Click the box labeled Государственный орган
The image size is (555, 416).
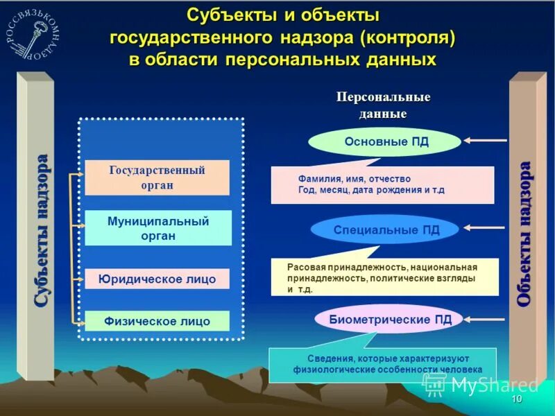pos(157,177)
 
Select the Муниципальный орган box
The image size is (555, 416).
pos(158,228)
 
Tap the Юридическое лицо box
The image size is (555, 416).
pos(157,279)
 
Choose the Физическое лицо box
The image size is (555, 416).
pos(157,321)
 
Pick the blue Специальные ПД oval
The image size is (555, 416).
pos(386,229)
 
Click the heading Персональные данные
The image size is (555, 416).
pos(383,105)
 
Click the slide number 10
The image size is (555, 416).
pos(516,400)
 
